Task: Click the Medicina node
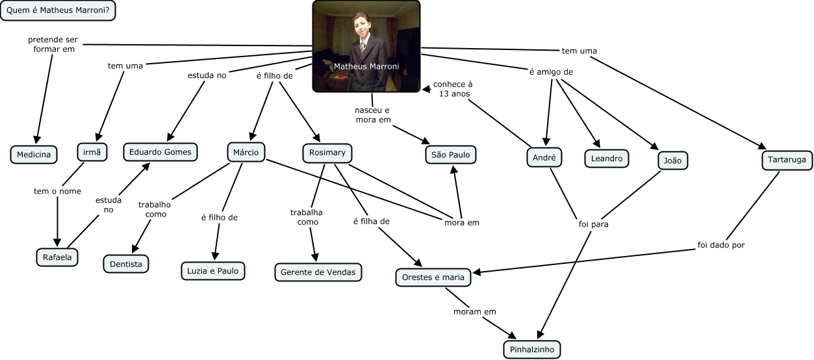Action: tap(34, 155)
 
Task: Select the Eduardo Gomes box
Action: tap(160, 152)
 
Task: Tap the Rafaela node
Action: tap(57, 257)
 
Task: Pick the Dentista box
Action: tap(126, 264)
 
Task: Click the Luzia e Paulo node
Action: tap(213, 271)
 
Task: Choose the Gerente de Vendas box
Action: tap(318, 272)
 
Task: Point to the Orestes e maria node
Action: tap(433, 277)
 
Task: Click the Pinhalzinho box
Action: tap(532, 350)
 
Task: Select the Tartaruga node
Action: tap(787, 160)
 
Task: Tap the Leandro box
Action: tap(607, 159)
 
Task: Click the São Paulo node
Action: tap(451, 155)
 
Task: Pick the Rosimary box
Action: tap(327, 153)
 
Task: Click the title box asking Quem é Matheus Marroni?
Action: tap(58, 10)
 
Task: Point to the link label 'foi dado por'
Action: tap(721, 245)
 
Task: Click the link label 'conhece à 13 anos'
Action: tap(453, 89)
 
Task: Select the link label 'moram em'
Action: tap(475, 312)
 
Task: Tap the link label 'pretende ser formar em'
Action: tap(53, 44)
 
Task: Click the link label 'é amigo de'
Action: tap(551, 72)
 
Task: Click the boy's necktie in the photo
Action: tap(362, 47)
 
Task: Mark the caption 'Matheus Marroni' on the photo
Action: tap(366, 66)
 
